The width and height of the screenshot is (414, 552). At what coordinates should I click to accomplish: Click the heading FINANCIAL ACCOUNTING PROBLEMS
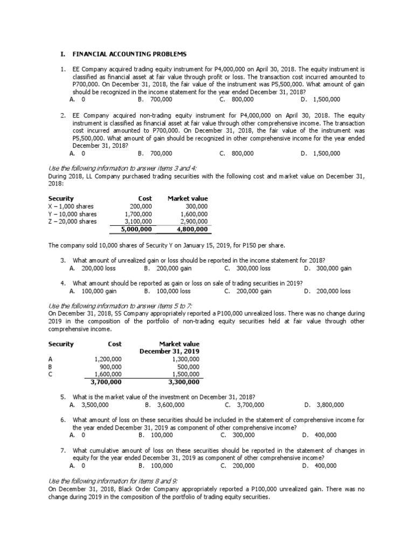pos(129,54)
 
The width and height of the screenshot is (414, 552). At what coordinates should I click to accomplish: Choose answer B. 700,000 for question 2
pos(155,153)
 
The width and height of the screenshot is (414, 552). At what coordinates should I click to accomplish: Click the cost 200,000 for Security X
pos(141,206)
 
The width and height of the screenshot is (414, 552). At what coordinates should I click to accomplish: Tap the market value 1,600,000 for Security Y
pos(194,213)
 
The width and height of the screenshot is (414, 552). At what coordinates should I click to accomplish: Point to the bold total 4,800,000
pos(192,229)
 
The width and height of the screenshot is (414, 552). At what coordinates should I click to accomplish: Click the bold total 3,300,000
pos(184,382)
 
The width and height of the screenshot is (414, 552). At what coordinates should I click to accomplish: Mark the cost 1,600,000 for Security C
pos(108,374)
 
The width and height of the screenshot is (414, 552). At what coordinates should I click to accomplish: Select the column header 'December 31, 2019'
pos(169,351)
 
